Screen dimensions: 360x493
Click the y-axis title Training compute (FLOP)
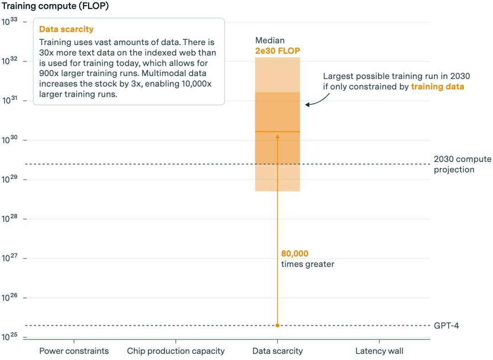tap(55, 7)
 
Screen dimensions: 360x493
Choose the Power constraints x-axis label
tap(74, 351)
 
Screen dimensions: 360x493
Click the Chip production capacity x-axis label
tap(176, 351)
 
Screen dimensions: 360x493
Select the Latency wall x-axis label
tap(379, 351)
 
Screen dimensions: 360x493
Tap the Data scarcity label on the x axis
tap(278, 351)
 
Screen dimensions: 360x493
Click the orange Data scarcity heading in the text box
tap(66, 29)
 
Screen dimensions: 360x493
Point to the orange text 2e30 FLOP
tap(278, 50)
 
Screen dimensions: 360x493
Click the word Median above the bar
tap(270, 41)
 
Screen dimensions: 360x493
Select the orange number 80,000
tap(294, 254)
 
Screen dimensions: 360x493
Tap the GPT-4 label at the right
tap(446, 325)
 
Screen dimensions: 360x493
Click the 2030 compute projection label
tap(462, 164)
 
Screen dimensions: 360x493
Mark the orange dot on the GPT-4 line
tap(278, 325)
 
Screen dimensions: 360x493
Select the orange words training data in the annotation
tap(437, 86)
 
